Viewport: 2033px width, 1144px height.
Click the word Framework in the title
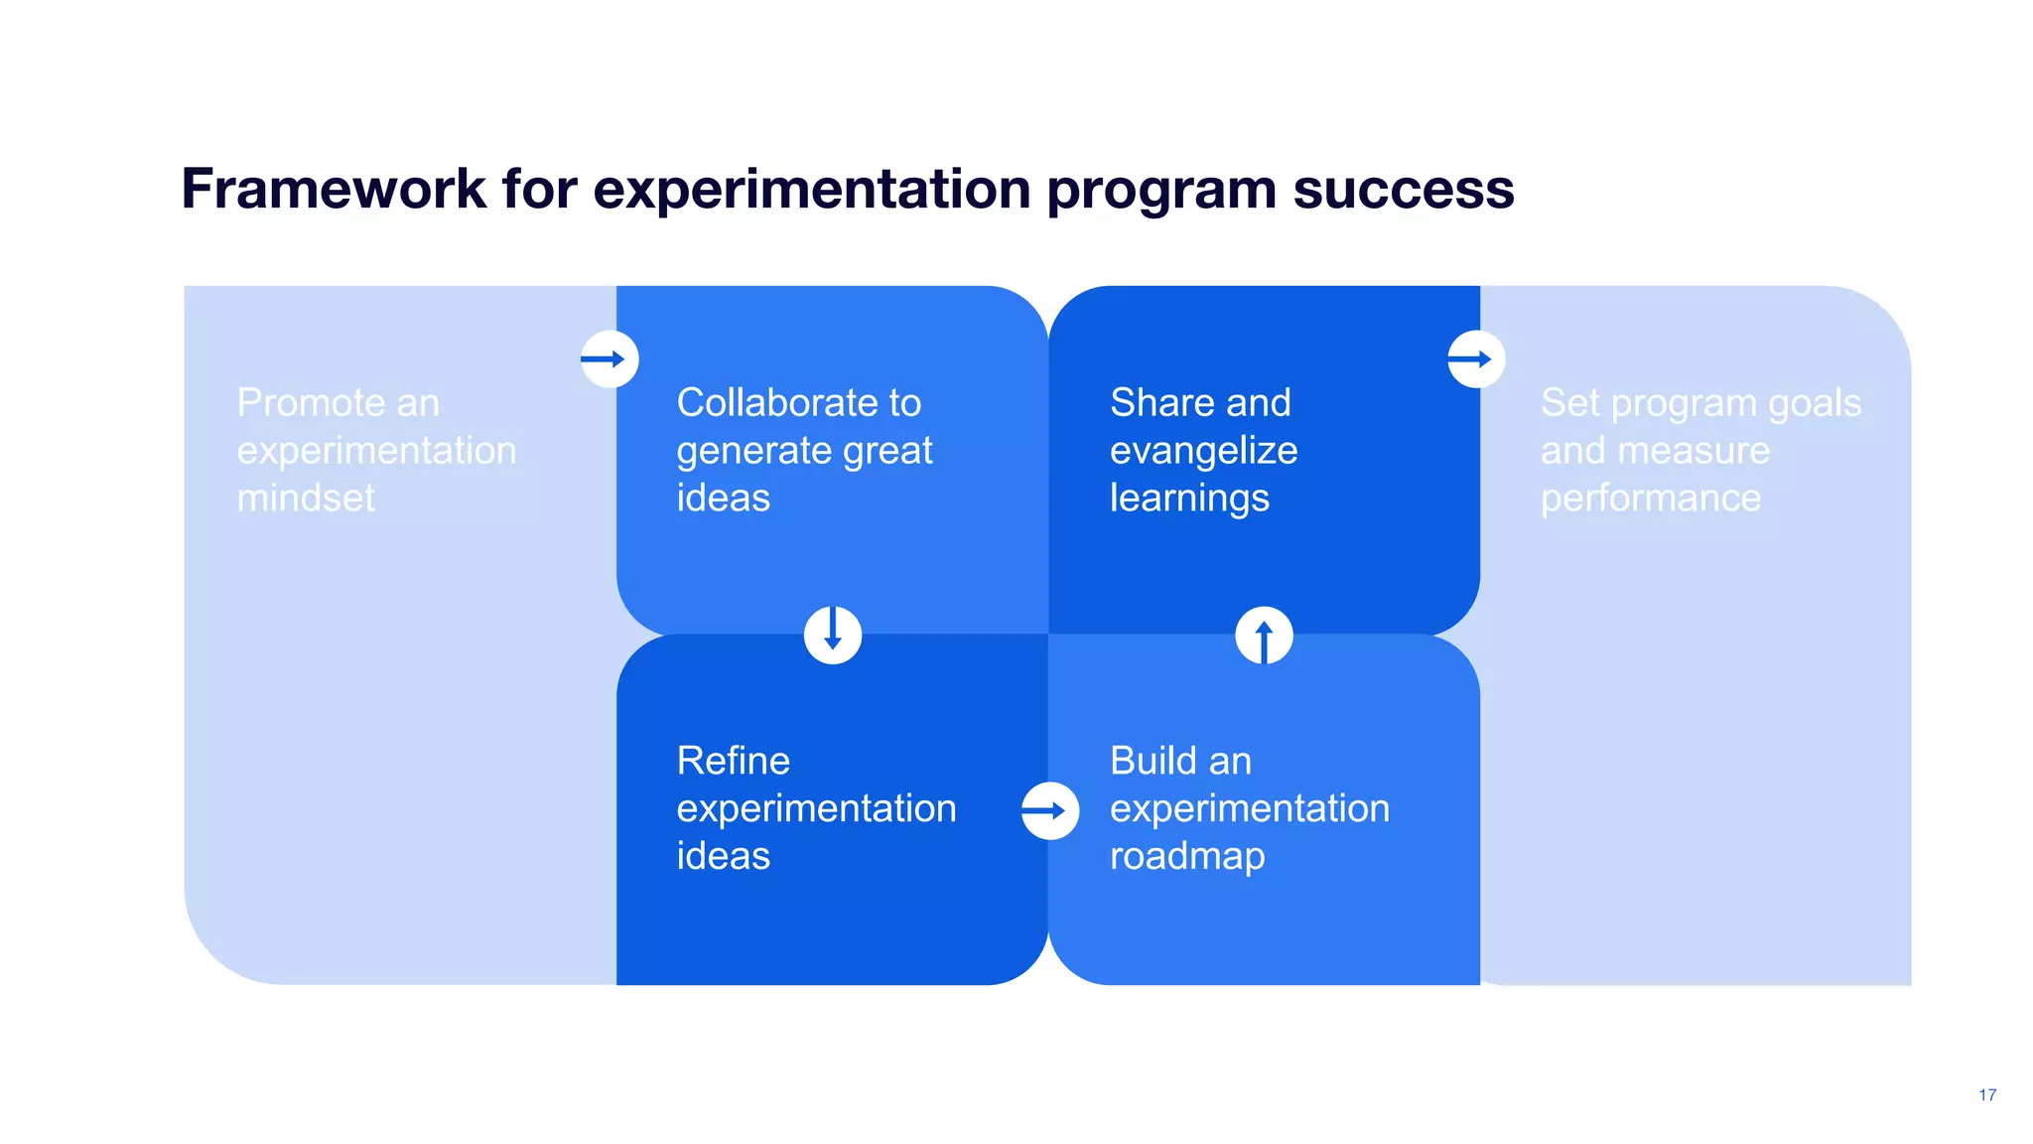[x=334, y=189]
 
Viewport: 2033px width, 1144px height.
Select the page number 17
[x=1986, y=1094]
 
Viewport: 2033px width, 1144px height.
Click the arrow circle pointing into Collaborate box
[x=610, y=359]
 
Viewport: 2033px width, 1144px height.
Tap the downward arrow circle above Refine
[x=833, y=636]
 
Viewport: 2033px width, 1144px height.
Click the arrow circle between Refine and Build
[x=1050, y=811]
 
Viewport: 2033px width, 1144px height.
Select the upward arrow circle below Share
[x=1264, y=636]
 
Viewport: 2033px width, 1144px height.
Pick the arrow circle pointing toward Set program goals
[x=1476, y=359]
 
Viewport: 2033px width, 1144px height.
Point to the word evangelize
[x=1203, y=451]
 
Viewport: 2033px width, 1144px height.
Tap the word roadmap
[x=1187, y=856]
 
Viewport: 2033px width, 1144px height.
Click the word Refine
[x=733, y=761]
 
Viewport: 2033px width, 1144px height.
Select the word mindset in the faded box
[x=306, y=498]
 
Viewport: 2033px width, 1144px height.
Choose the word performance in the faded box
[x=1650, y=498]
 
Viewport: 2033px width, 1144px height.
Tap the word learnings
[x=1189, y=498]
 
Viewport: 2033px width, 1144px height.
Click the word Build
[x=1152, y=761]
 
